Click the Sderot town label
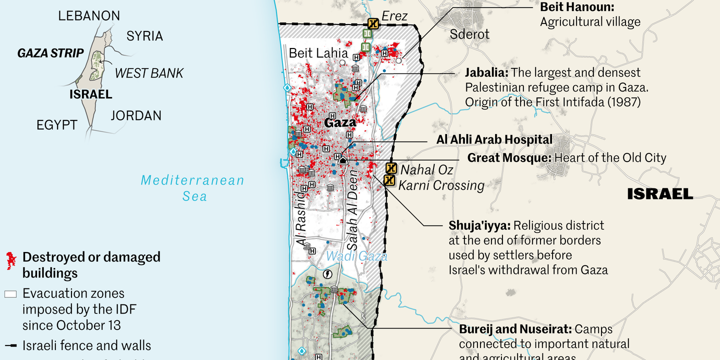pyautogui.click(x=469, y=34)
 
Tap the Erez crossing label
pyautogui.click(x=394, y=16)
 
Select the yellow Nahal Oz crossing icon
pyautogui.click(x=391, y=168)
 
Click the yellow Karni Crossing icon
pyautogui.click(x=389, y=180)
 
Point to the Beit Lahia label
pyautogui.click(x=318, y=53)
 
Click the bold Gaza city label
pyautogui.click(x=340, y=122)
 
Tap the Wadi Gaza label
pyautogui.click(x=356, y=256)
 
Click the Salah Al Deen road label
pyautogui.click(x=353, y=210)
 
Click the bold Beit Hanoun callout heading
pyautogui.click(x=577, y=7)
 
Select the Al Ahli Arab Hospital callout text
pyautogui.click(x=494, y=139)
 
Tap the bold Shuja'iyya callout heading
pyautogui.click(x=479, y=225)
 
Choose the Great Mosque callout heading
pyautogui.click(x=508, y=158)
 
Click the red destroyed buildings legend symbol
pyautogui.click(x=10, y=260)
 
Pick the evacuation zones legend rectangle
pyautogui.click(x=10, y=294)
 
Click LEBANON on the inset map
pyautogui.click(x=89, y=15)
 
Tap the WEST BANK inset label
pyautogui.click(x=149, y=73)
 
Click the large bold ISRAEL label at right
pyautogui.click(x=660, y=194)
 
